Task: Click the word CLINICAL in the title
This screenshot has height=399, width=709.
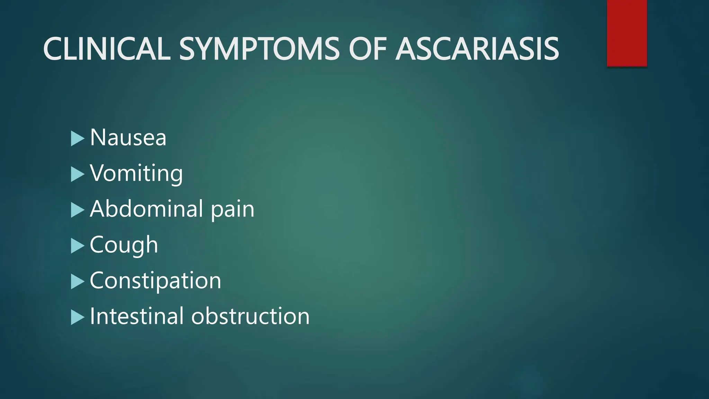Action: click(x=107, y=49)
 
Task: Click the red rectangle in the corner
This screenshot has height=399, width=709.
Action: click(x=627, y=33)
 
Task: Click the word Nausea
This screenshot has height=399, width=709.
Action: click(x=128, y=138)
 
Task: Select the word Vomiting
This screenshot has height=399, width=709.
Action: click(x=136, y=174)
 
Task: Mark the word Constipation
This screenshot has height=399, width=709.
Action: click(x=155, y=281)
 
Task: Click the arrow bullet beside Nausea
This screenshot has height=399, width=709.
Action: click(x=77, y=139)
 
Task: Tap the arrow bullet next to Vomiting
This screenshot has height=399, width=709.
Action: click(x=77, y=174)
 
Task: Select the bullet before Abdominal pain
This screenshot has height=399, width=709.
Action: click(x=77, y=210)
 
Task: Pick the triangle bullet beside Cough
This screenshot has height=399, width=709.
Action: click(x=77, y=246)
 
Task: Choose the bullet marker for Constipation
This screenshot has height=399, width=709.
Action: click(x=77, y=282)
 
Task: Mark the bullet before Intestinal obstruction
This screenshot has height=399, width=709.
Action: click(x=77, y=317)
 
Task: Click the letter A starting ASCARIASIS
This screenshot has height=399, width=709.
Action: click(x=408, y=49)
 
